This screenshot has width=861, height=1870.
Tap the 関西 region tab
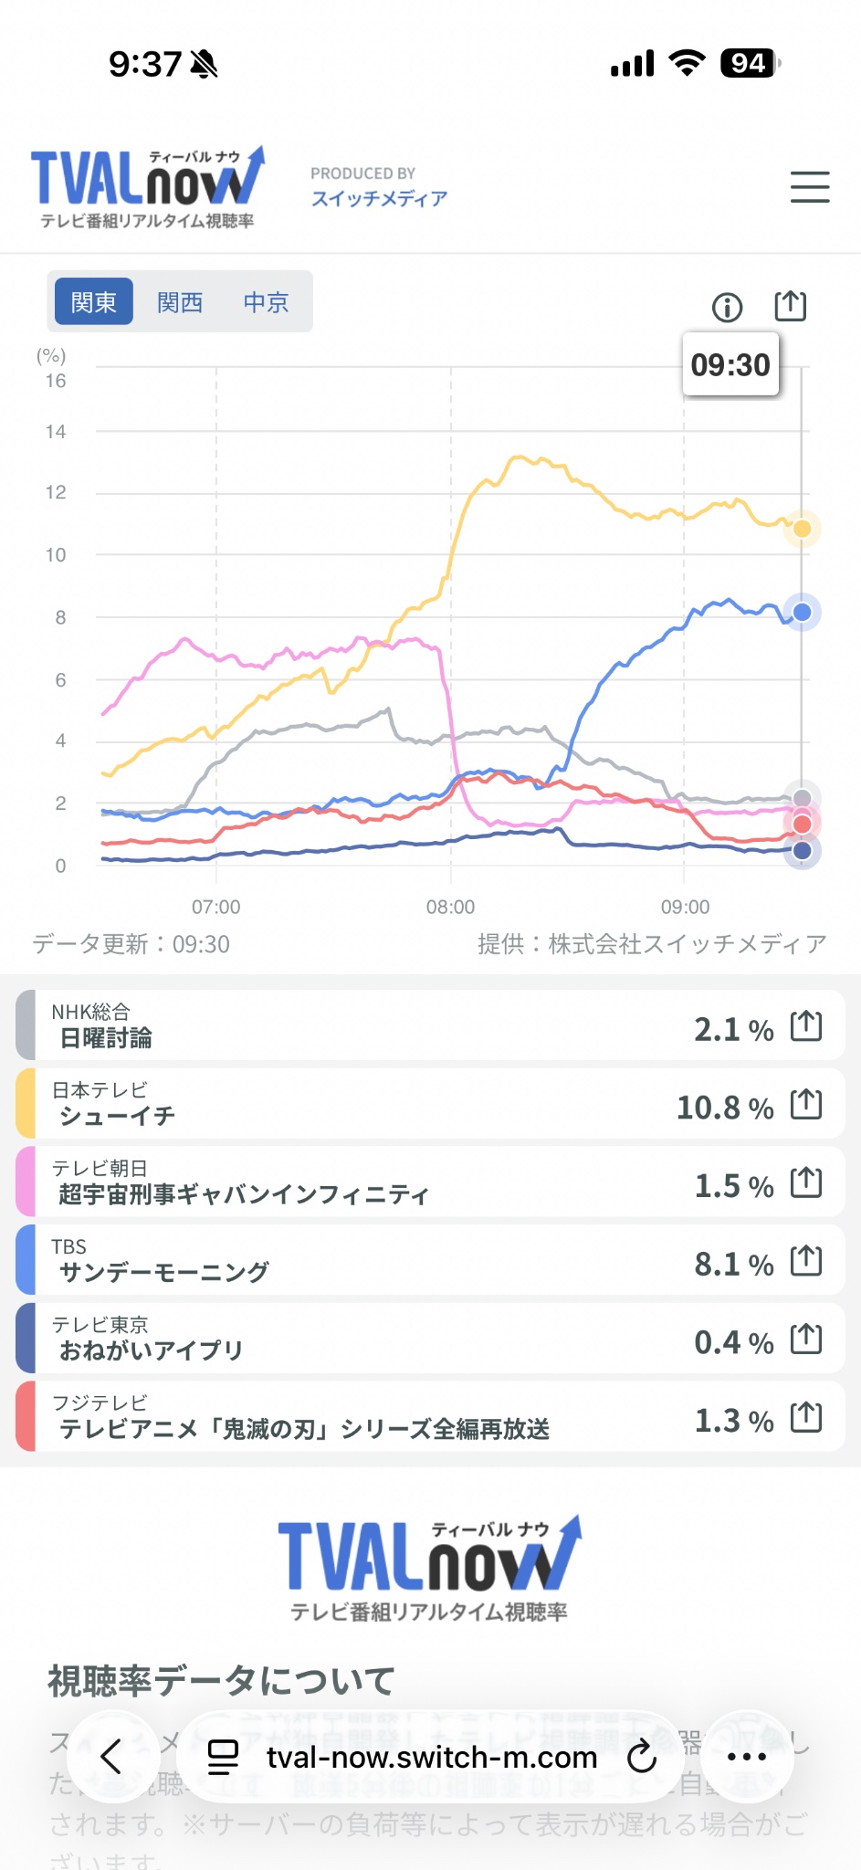(x=180, y=302)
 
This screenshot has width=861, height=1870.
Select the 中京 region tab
(x=266, y=302)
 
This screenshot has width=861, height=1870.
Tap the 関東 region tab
(x=94, y=302)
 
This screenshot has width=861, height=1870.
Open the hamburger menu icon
(x=810, y=187)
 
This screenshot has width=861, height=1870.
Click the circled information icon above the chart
(x=727, y=307)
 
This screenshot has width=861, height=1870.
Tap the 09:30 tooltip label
(x=730, y=365)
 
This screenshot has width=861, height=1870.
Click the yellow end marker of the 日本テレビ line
(x=803, y=529)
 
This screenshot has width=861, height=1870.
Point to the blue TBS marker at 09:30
(x=803, y=612)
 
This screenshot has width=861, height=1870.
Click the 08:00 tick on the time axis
(x=450, y=907)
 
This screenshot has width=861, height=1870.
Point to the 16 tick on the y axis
(x=56, y=381)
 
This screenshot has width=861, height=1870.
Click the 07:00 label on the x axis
(x=216, y=907)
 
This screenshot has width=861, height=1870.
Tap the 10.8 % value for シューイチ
(x=724, y=1108)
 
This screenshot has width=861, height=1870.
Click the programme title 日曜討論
(x=106, y=1038)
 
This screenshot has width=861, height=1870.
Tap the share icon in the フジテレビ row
(x=806, y=1418)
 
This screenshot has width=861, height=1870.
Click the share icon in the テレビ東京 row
(x=806, y=1339)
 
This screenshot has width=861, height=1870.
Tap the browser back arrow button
(x=111, y=1756)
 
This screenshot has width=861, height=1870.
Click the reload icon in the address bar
(x=642, y=1756)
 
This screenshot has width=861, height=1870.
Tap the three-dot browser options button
(x=747, y=1756)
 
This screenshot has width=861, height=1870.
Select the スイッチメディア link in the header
(x=379, y=198)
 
